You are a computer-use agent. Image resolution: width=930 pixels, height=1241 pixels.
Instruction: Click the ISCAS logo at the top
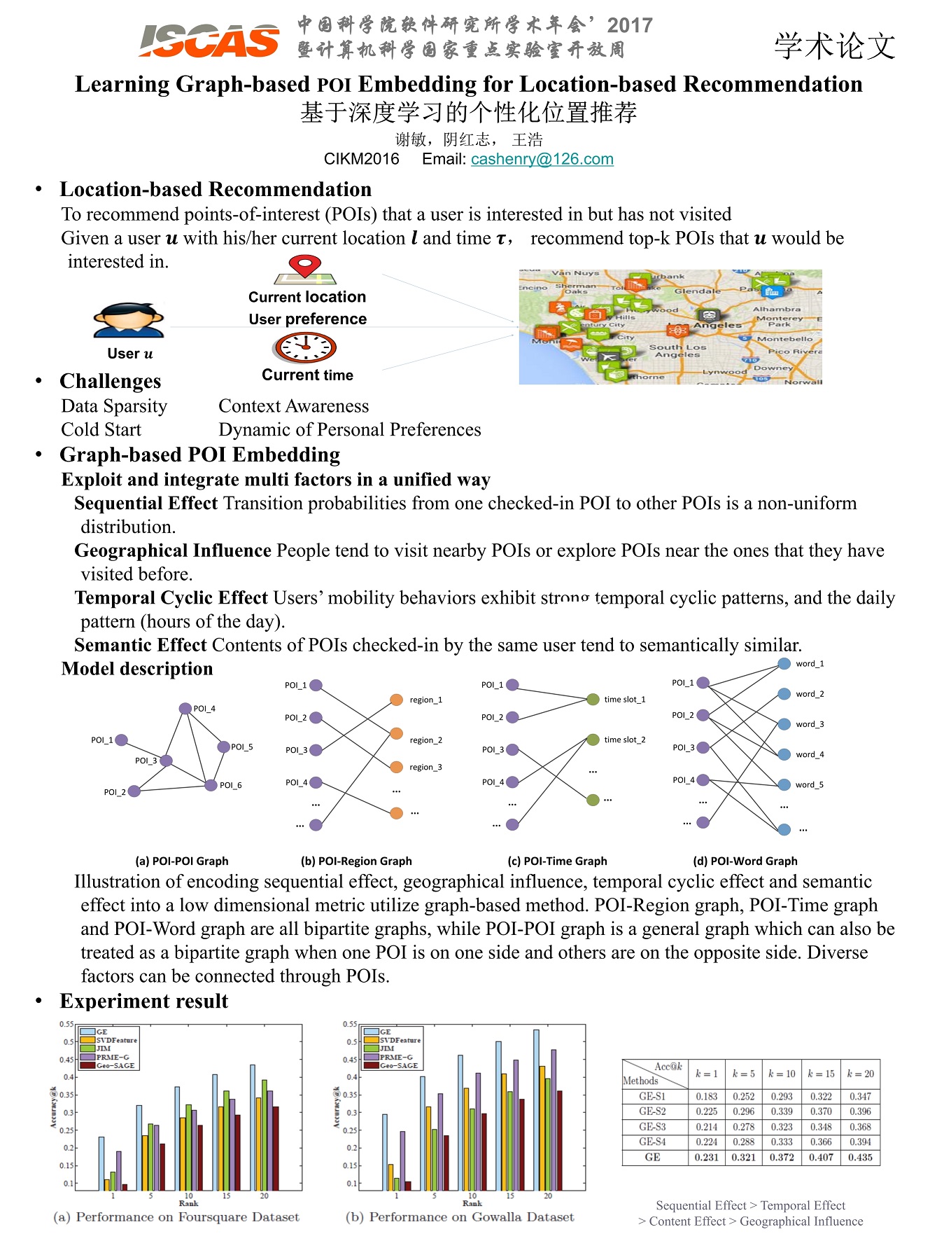coord(209,41)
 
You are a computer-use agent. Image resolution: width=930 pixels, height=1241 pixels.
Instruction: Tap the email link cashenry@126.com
coord(542,159)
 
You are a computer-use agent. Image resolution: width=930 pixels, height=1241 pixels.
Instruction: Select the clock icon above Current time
coord(305,347)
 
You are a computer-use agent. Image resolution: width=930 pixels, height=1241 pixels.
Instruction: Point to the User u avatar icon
coord(129,321)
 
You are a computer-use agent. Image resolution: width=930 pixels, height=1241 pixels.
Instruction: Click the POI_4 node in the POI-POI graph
coord(185,708)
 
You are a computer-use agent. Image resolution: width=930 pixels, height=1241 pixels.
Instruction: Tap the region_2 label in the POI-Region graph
coord(425,740)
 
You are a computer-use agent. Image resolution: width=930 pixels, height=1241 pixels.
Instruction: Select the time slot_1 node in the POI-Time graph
coord(593,699)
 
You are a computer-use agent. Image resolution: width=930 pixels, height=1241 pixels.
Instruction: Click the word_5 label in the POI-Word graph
coord(809,785)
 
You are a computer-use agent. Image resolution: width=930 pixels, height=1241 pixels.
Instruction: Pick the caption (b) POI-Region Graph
coord(356,861)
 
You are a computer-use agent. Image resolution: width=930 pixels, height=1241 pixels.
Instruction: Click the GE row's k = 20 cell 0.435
coord(860,1157)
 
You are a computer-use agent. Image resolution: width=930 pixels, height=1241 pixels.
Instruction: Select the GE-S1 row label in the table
coord(652,1096)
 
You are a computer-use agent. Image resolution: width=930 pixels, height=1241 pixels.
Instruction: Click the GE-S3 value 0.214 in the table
coord(707,1127)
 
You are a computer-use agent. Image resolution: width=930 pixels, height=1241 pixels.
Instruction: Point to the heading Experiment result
coord(143,1001)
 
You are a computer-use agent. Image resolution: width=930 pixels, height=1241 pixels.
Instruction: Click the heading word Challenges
coord(110,381)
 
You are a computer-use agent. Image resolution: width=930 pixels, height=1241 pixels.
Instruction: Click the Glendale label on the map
coord(697,291)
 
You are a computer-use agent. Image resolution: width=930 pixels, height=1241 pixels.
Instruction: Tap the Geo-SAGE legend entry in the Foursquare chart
coord(116,1065)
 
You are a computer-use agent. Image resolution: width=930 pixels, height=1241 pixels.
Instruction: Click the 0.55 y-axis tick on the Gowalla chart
coord(349,1024)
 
